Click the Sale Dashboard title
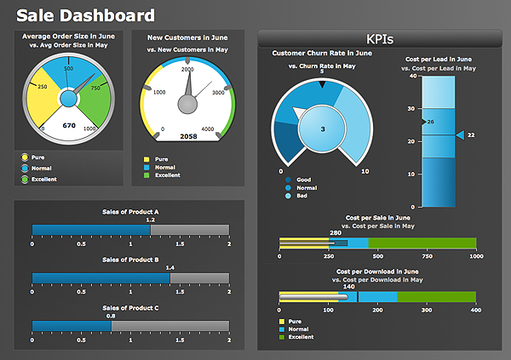[86, 16]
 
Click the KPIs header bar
[380, 38]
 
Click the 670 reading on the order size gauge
[70, 125]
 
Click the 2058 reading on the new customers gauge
[189, 136]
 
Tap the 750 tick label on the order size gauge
[96, 88]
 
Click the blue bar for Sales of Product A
[91, 229]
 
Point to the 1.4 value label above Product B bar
[169, 267]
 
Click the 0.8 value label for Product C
[111, 316]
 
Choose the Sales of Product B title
[130, 259]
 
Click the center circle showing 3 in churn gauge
[322, 129]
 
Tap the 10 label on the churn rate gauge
[365, 172]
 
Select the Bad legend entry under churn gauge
[301, 196]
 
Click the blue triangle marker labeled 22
[460, 135]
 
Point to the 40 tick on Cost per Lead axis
[413, 76]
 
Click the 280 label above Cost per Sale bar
[336, 232]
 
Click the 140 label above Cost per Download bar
[348, 286]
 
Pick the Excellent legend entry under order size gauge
[43, 179]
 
